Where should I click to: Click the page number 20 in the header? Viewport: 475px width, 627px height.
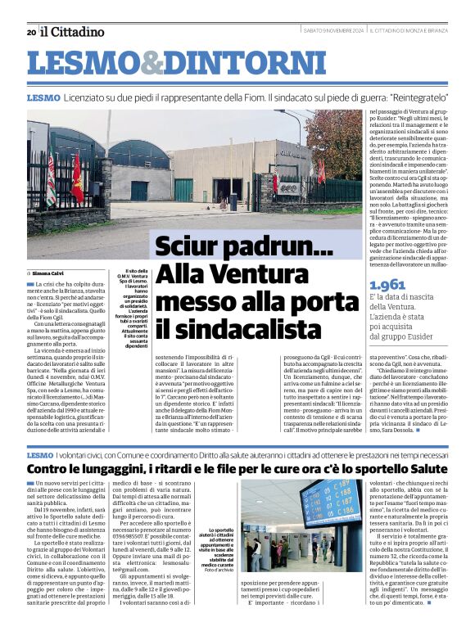tap(31, 33)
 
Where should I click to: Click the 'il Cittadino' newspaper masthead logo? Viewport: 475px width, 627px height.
tap(72, 32)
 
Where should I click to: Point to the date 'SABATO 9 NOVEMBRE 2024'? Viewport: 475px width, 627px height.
tap(333, 31)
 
